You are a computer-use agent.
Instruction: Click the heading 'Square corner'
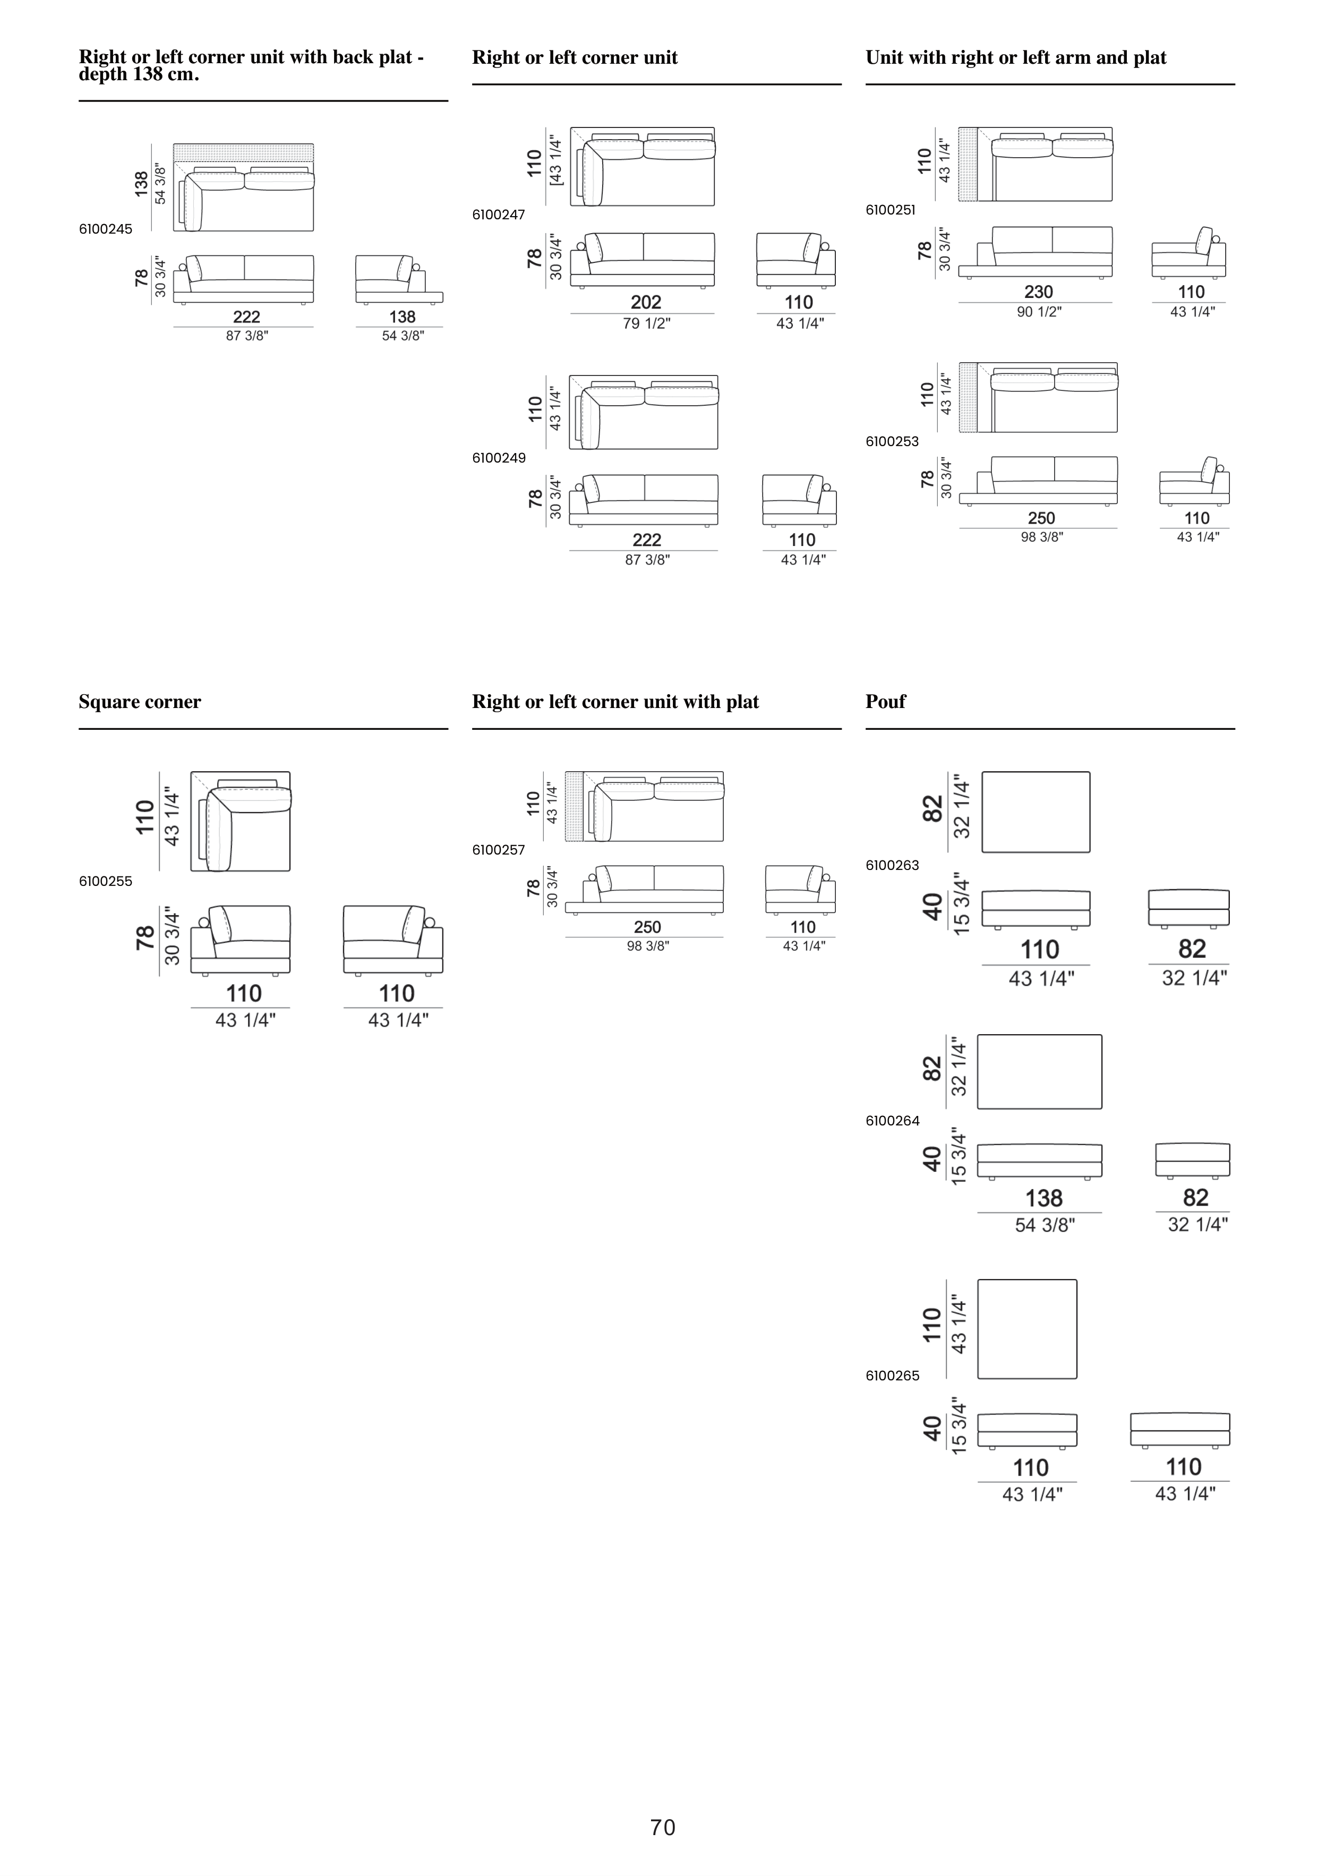coord(140,702)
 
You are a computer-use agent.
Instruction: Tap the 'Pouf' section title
coord(886,702)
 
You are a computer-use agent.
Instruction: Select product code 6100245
coord(105,229)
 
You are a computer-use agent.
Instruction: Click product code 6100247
coord(498,215)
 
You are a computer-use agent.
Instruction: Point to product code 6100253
coord(892,442)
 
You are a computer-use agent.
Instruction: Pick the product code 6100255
coord(105,882)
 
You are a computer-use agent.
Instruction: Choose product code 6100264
coord(892,1121)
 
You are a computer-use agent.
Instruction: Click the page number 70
coord(663,1827)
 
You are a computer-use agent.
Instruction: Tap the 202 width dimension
coord(645,302)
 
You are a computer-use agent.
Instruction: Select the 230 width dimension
coord(1038,292)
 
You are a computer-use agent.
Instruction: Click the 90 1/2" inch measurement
coord(1038,311)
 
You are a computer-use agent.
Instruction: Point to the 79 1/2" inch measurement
coord(645,323)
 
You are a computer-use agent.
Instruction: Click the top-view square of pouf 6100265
coord(1027,1328)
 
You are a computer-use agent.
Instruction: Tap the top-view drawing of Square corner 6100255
coord(240,821)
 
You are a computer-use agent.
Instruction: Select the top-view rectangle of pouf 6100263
coord(1035,812)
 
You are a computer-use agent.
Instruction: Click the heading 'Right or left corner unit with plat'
coord(615,702)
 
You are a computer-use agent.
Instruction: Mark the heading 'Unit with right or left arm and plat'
coord(1015,58)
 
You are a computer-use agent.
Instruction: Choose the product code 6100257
coord(498,850)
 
